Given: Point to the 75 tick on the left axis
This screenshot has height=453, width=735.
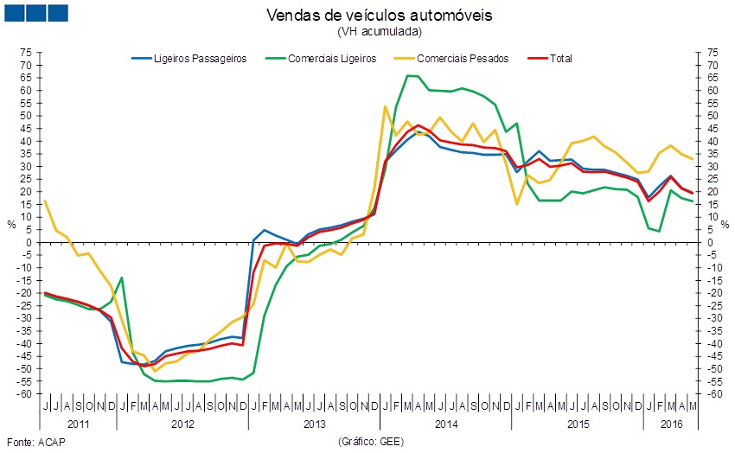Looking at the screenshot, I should coord(26,53).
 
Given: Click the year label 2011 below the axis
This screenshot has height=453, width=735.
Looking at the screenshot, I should coord(77,424).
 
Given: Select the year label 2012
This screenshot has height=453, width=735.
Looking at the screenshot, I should coord(182,424).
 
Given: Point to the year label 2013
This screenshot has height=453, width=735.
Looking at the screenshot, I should coord(314,424).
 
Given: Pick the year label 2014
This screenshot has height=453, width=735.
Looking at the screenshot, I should coord(446,424).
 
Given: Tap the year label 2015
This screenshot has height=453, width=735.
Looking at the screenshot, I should coord(578,424).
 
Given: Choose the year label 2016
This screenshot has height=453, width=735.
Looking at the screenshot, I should coord(671,424).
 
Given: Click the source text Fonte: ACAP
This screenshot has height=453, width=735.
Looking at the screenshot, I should coord(35,442).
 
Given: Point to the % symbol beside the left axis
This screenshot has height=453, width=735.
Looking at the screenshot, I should coord(11,223).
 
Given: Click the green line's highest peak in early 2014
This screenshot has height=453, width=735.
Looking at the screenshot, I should coord(408,76).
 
